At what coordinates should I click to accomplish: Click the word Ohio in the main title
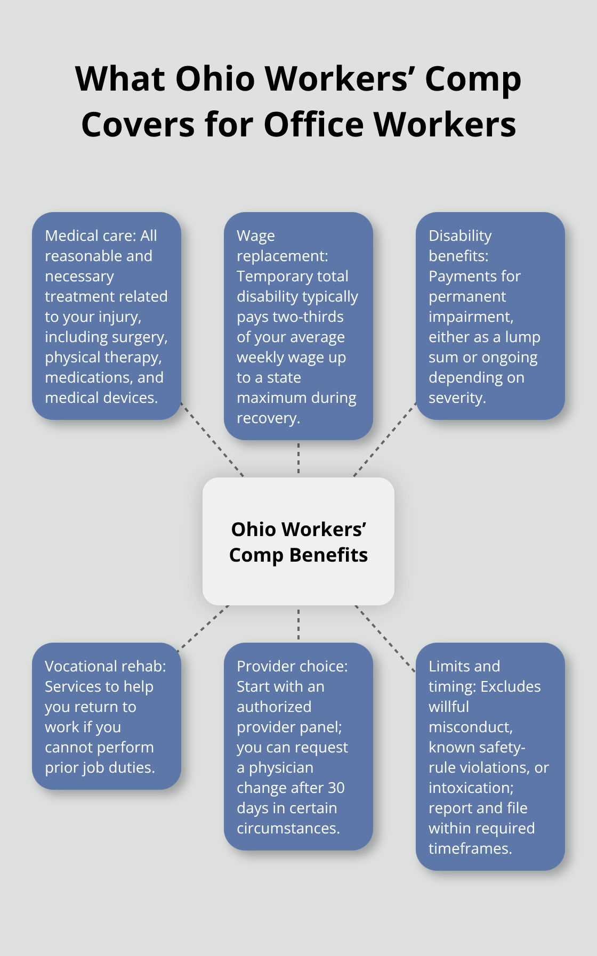point(215,79)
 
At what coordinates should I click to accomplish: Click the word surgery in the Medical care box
point(144,337)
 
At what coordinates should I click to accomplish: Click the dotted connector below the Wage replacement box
point(298,458)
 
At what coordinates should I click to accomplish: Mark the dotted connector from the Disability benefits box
point(385,439)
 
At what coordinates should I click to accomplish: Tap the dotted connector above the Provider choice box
point(298,624)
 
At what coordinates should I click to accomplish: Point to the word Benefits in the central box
point(328,555)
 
